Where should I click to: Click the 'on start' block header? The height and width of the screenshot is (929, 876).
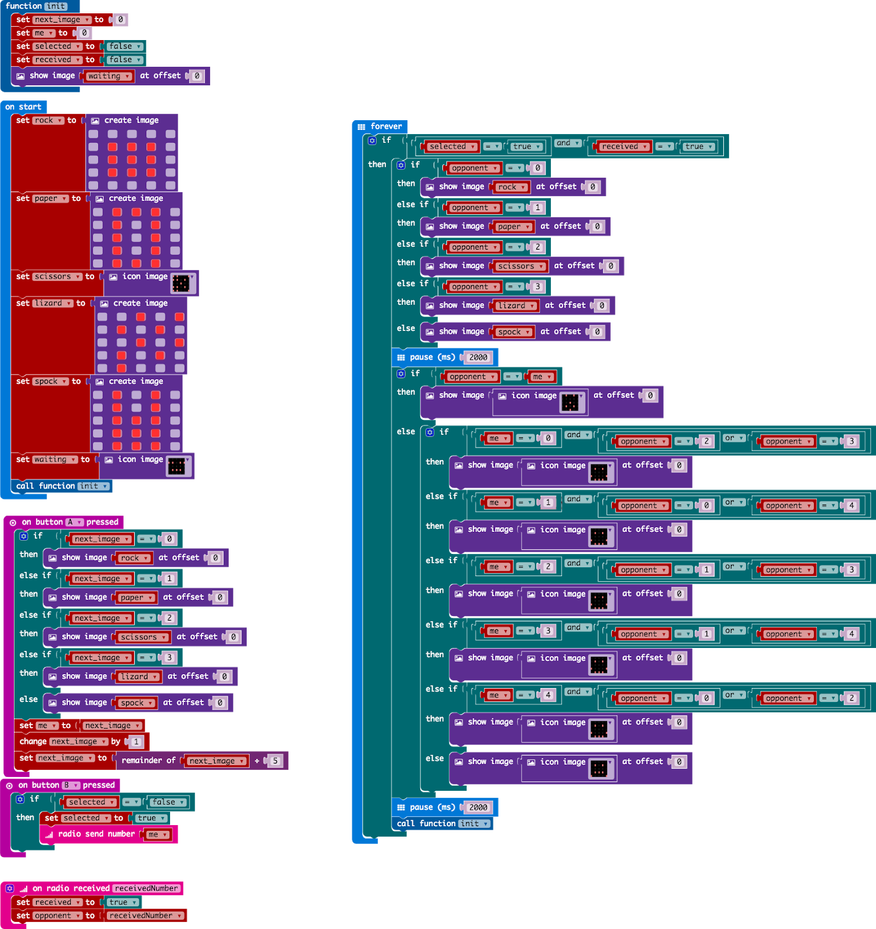[23, 107]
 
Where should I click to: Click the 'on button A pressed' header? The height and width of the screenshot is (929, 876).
[64, 522]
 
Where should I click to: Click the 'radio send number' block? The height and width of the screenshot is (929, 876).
[96, 834]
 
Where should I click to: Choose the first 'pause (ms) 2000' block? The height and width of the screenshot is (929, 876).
[432, 357]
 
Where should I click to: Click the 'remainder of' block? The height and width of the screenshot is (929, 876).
[149, 761]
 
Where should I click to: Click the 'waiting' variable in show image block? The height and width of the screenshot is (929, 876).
[108, 76]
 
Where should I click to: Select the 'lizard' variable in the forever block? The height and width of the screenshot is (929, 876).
[514, 305]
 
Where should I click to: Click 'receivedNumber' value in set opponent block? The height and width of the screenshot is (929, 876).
[145, 916]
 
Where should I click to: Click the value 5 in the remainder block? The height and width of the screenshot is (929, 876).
[275, 761]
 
